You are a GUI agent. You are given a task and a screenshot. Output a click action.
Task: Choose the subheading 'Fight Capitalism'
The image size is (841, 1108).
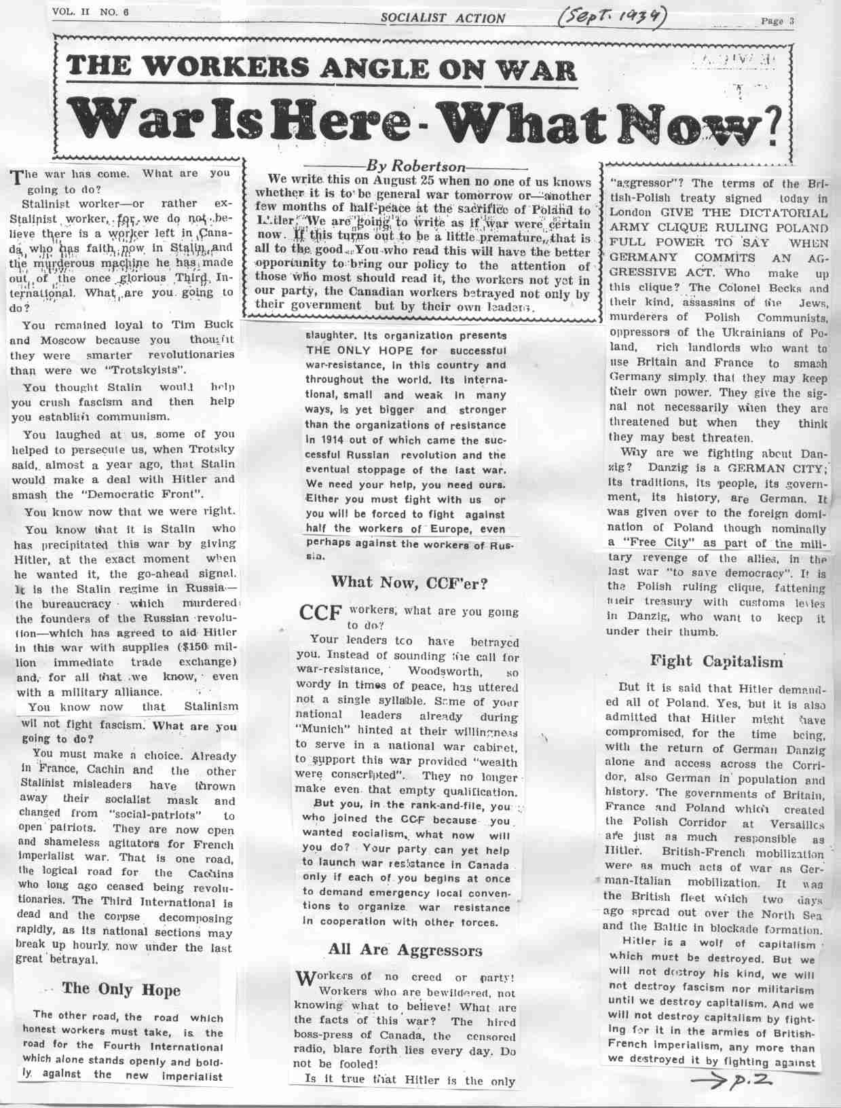716,661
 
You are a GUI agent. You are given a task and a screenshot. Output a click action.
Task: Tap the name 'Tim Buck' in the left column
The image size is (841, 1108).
206,325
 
